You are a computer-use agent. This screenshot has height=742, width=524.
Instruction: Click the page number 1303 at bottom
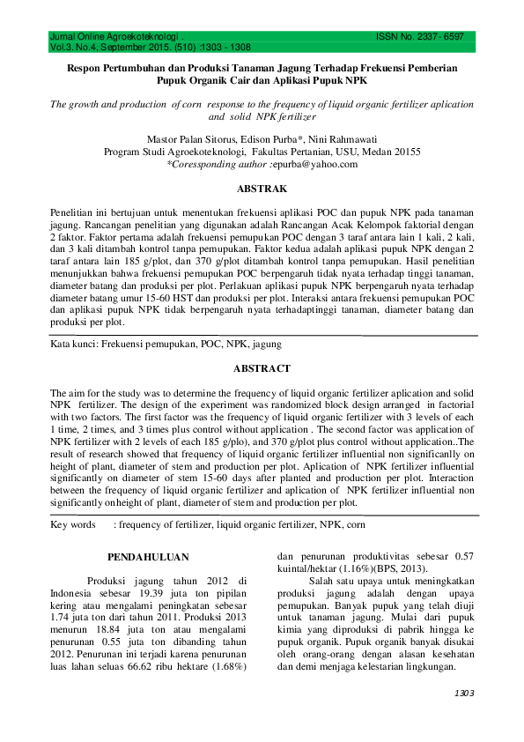click(463, 694)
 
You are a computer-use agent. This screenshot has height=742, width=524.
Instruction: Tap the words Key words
click(73, 524)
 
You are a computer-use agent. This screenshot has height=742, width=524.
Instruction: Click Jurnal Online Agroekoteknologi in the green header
click(107, 38)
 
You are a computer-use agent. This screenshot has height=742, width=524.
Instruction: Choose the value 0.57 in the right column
click(461, 557)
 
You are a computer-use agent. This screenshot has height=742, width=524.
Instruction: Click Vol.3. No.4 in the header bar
click(77, 48)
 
